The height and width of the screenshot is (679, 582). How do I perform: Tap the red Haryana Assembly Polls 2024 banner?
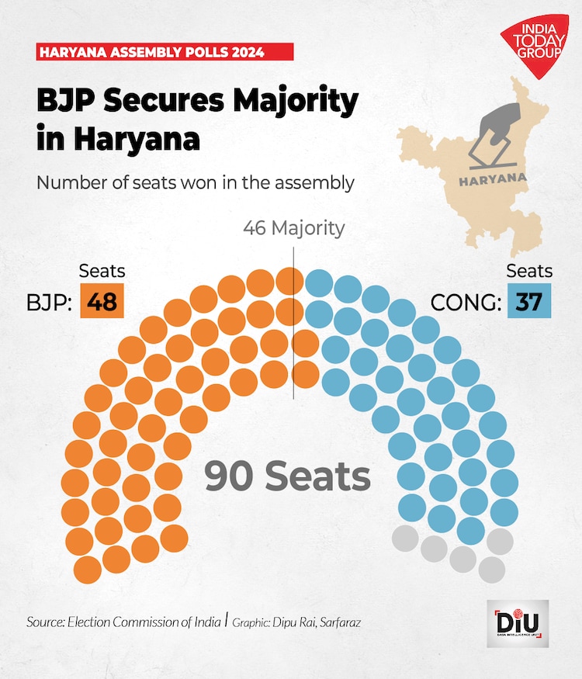pos(165,52)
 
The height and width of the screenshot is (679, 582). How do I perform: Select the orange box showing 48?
pos(102,301)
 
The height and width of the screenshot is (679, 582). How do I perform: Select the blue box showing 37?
pos(528,301)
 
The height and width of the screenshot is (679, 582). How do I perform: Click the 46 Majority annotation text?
pos(293,228)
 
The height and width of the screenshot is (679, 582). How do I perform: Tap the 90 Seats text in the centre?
pos(287,476)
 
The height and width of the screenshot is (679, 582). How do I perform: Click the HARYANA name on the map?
pos(492,178)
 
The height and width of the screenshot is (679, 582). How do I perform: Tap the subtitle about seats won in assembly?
pos(195,183)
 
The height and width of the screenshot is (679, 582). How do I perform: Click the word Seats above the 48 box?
pos(102,271)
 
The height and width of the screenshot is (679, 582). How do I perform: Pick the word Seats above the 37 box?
pos(529,271)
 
